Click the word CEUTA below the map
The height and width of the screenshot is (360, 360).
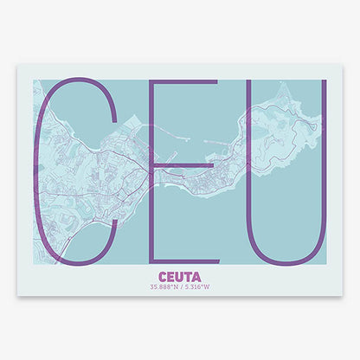coord(180,278)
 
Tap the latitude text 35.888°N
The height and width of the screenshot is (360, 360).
coord(164,287)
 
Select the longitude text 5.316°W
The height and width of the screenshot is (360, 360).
coord(197,287)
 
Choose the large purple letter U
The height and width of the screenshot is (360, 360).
coord(286,173)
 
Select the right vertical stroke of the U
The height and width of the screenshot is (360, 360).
coord(324,156)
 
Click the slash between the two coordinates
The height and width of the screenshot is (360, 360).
coord(181,287)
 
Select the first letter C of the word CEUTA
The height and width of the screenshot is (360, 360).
coord(164,278)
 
